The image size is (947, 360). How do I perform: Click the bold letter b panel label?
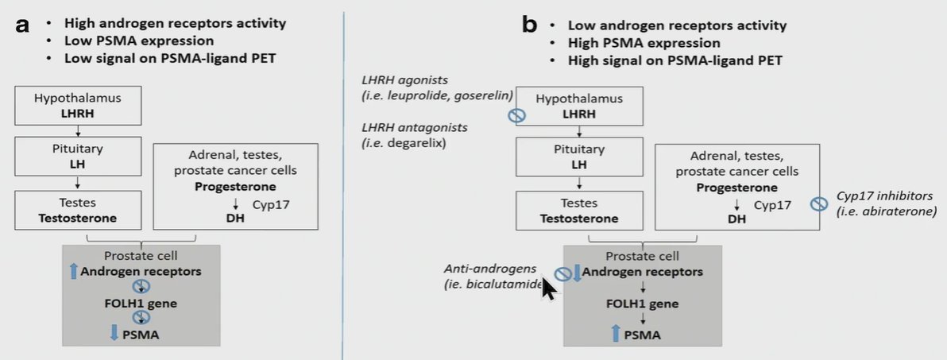point(529,26)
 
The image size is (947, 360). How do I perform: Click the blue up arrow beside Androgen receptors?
point(75,271)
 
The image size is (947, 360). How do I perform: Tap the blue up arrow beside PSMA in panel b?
point(616,333)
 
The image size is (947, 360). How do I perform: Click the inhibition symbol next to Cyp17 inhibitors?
point(818,204)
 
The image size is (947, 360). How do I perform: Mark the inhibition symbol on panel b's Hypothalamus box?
point(516,115)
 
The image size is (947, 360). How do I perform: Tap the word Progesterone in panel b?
point(736,188)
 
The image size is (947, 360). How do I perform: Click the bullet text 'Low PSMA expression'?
point(139,41)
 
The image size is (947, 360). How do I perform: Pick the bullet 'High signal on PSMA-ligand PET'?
point(675,60)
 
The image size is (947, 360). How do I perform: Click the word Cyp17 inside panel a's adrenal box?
point(273,204)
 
